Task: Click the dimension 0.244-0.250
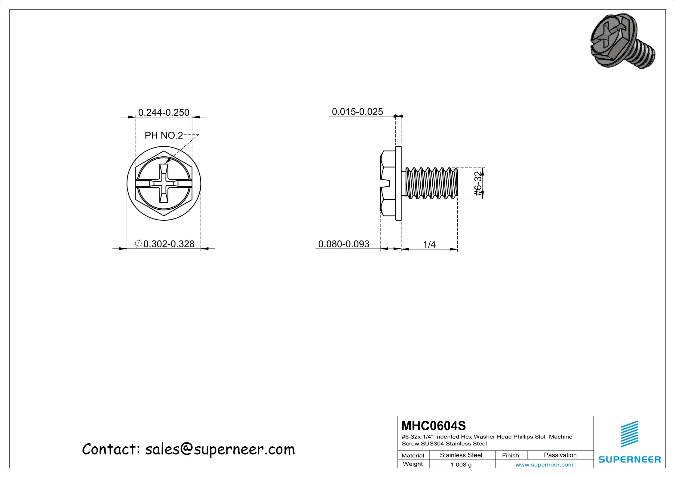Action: (x=164, y=112)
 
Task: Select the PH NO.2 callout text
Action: (x=164, y=136)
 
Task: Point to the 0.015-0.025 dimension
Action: (x=357, y=112)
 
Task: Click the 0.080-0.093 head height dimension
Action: (x=343, y=244)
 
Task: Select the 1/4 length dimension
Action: (x=429, y=245)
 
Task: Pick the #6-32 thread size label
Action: (x=478, y=184)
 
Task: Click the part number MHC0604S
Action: (x=434, y=426)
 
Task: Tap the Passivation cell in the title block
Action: (x=560, y=455)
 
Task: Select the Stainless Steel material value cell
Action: (x=461, y=455)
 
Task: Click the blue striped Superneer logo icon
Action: (x=630, y=434)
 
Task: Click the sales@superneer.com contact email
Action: (x=220, y=450)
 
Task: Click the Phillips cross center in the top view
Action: (x=164, y=184)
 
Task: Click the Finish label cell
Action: (x=510, y=455)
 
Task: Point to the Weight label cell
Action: (x=413, y=464)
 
